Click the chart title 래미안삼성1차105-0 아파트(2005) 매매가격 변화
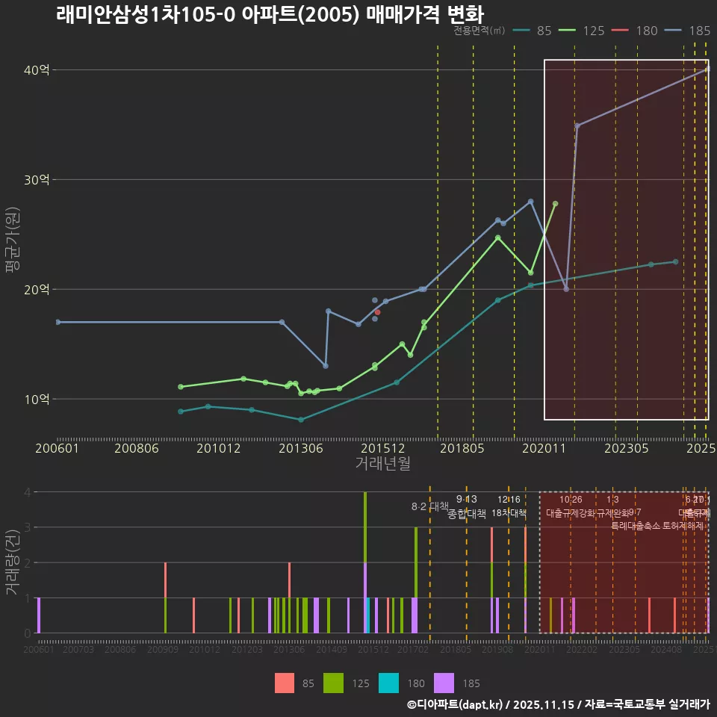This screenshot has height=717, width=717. [x=270, y=15]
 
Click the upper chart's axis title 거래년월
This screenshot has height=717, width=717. [x=382, y=463]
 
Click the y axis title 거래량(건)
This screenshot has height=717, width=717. [x=12, y=562]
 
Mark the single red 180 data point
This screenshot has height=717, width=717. [x=377, y=312]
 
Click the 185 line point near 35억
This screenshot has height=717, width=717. [x=577, y=125]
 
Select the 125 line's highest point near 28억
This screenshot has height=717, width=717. [x=555, y=203]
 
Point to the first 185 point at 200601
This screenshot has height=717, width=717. [x=58, y=322]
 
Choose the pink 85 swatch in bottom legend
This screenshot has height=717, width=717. [x=285, y=683]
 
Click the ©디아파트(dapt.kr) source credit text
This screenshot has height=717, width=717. [x=456, y=704]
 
